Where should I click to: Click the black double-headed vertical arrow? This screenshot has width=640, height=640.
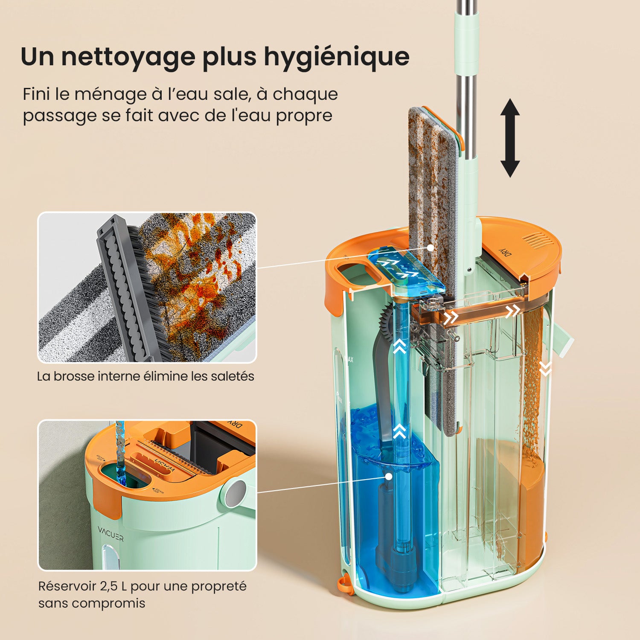point(510,138)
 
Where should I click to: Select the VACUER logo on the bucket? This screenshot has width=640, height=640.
point(111,534)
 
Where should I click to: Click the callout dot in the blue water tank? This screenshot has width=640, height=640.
point(388,476)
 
